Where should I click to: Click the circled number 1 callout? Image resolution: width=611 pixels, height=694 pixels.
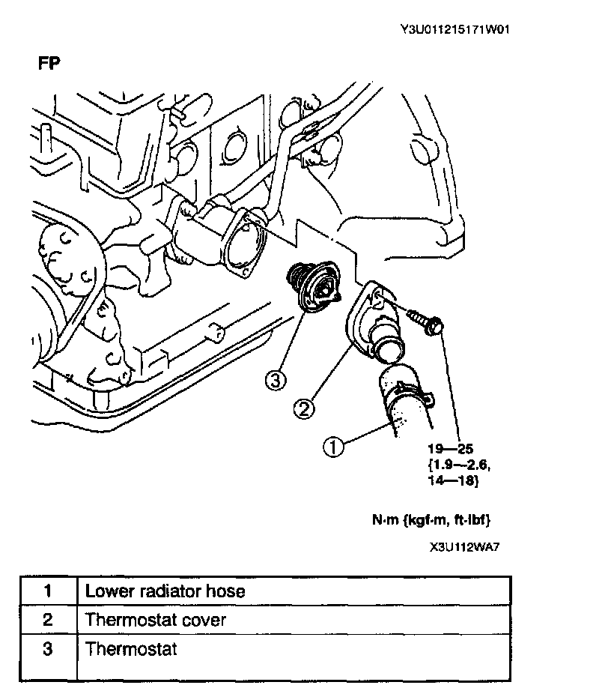tap(332, 447)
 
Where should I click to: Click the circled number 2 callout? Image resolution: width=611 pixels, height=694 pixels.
tap(303, 408)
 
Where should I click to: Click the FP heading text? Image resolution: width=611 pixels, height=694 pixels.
tap(49, 63)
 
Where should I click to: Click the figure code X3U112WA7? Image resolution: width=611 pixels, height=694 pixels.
tap(464, 546)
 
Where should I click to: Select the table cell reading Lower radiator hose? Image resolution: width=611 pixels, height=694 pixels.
tap(165, 591)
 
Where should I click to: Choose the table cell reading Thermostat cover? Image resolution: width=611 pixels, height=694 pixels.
tap(156, 620)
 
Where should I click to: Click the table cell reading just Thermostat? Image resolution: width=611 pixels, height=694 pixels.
tap(132, 648)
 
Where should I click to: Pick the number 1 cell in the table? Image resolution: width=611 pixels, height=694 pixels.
tap(48, 591)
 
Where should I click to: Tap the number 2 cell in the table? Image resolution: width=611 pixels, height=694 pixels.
tap(48, 620)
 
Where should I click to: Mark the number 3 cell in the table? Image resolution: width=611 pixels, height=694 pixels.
tap(48, 648)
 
